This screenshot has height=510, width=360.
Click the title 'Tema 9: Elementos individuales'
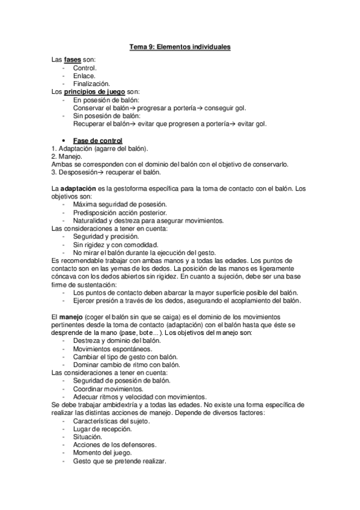click(180, 46)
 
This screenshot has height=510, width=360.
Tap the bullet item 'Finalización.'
click(91, 84)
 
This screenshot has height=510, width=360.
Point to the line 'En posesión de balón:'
click(106, 100)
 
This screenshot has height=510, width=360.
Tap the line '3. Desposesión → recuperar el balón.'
click(106, 171)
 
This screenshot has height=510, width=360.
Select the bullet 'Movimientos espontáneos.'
click(112, 349)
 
